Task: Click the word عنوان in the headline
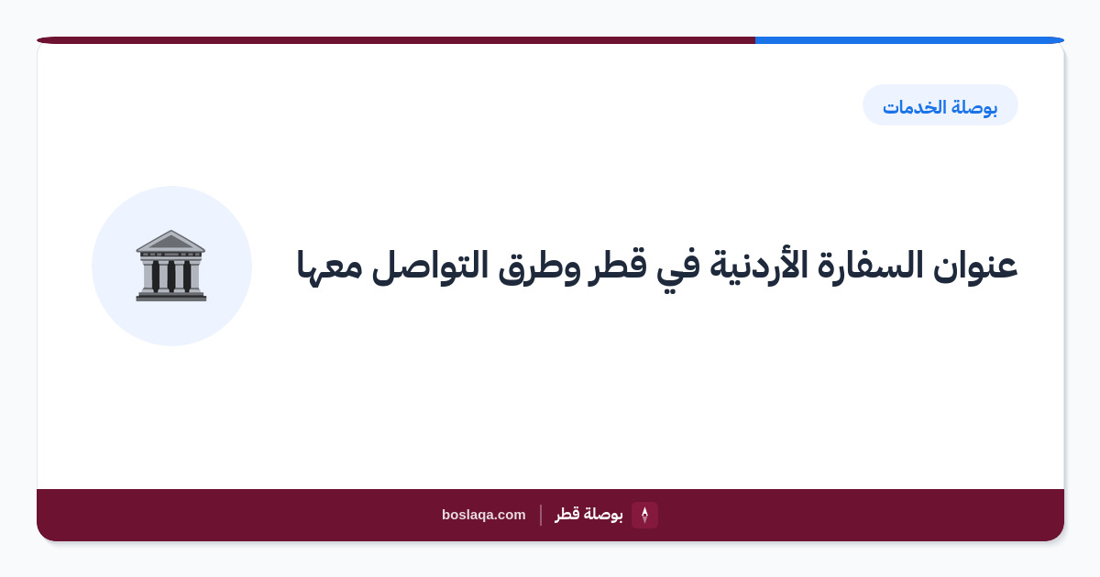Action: (975, 266)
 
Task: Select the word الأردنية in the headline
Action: (758, 265)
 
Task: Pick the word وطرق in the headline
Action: (539, 267)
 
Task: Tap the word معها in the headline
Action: (329, 267)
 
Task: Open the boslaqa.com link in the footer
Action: (484, 515)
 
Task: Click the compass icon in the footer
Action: (644, 515)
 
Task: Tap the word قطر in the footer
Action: (566, 514)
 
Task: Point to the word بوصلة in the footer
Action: (603, 515)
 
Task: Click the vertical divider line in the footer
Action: (541, 515)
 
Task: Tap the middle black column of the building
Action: (170, 277)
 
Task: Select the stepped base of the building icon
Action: (170, 296)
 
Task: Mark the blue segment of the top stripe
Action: (909, 40)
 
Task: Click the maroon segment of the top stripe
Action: (396, 40)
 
